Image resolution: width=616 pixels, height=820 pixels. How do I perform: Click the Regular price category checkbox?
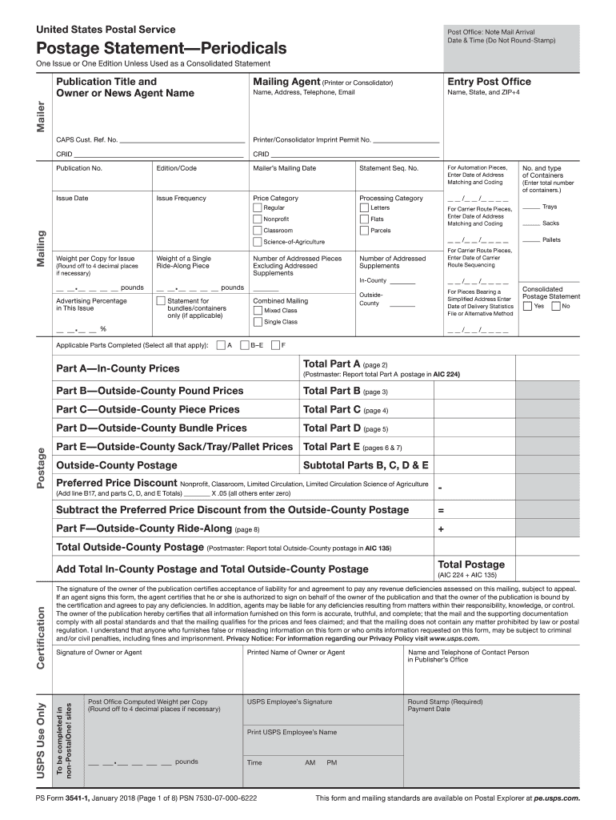pyautogui.click(x=258, y=208)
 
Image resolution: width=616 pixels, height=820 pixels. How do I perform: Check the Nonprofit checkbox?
pyautogui.click(x=258, y=219)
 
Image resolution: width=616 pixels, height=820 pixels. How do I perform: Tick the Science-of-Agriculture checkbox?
pyautogui.click(x=258, y=242)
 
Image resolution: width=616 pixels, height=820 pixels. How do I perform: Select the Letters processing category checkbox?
pyautogui.click(x=364, y=208)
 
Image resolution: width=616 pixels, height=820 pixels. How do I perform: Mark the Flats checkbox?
pyautogui.click(x=364, y=219)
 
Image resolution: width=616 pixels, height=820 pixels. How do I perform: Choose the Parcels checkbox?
pyautogui.click(x=364, y=231)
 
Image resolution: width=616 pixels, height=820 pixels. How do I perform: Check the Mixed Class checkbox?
pyautogui.click(x=258, y=311)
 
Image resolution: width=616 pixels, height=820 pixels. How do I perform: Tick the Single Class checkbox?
pyautogui.click(x=258, y=322)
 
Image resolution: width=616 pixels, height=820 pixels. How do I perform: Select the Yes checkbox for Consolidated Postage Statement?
pyautogui.click(x=527, y=306)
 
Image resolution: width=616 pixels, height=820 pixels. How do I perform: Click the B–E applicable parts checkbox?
pyautogui.click(x=244, y=346)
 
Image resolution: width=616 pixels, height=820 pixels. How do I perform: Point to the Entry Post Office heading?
pyautogui.click(x=489, y=82)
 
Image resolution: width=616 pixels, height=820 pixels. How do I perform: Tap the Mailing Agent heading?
pyautogui.click(x=286, y=82)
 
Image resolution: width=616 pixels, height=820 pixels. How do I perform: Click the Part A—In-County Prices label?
pyautogui.click(x=118, y=368)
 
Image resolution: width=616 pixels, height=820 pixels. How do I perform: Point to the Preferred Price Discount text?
pyautogui.click(x=116, y=483)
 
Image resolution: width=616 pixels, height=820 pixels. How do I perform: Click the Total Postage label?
pyautogui.click(x=470, y=565)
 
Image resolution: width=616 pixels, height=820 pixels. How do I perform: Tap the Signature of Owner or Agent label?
pyautogui.click(x=98, y=653)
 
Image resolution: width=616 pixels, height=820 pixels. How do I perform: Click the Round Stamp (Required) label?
pyautogui.click(x=445, y=701)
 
